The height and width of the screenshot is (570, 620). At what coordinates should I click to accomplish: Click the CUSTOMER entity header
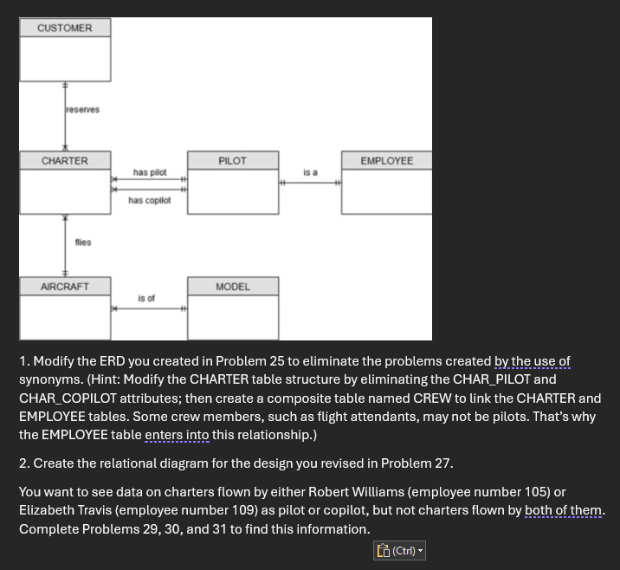tap(65, 29)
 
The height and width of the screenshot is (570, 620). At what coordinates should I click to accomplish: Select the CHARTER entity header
tap(65, 161)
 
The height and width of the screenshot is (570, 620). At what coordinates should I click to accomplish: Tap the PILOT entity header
tap(232, 161)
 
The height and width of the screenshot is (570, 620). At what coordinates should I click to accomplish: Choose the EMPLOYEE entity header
tap(386, 161)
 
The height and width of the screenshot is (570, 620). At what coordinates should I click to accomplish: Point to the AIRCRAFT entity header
tap(65, 287)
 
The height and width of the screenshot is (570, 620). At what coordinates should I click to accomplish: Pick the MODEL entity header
tap(232, 287)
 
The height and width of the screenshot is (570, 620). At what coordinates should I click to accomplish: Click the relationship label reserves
tap(82, 110)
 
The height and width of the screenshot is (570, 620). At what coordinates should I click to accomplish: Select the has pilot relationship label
tap(150, 173)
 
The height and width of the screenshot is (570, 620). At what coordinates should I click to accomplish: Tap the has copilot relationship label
tap(150, 201)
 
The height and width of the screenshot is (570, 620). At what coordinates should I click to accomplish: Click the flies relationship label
tap(83, 243)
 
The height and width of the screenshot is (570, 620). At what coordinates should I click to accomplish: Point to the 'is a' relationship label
tap(310, 173)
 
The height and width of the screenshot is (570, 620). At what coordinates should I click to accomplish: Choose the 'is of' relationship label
tap(146, 299)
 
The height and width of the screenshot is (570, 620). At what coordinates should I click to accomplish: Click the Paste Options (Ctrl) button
tap(399, 551)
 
